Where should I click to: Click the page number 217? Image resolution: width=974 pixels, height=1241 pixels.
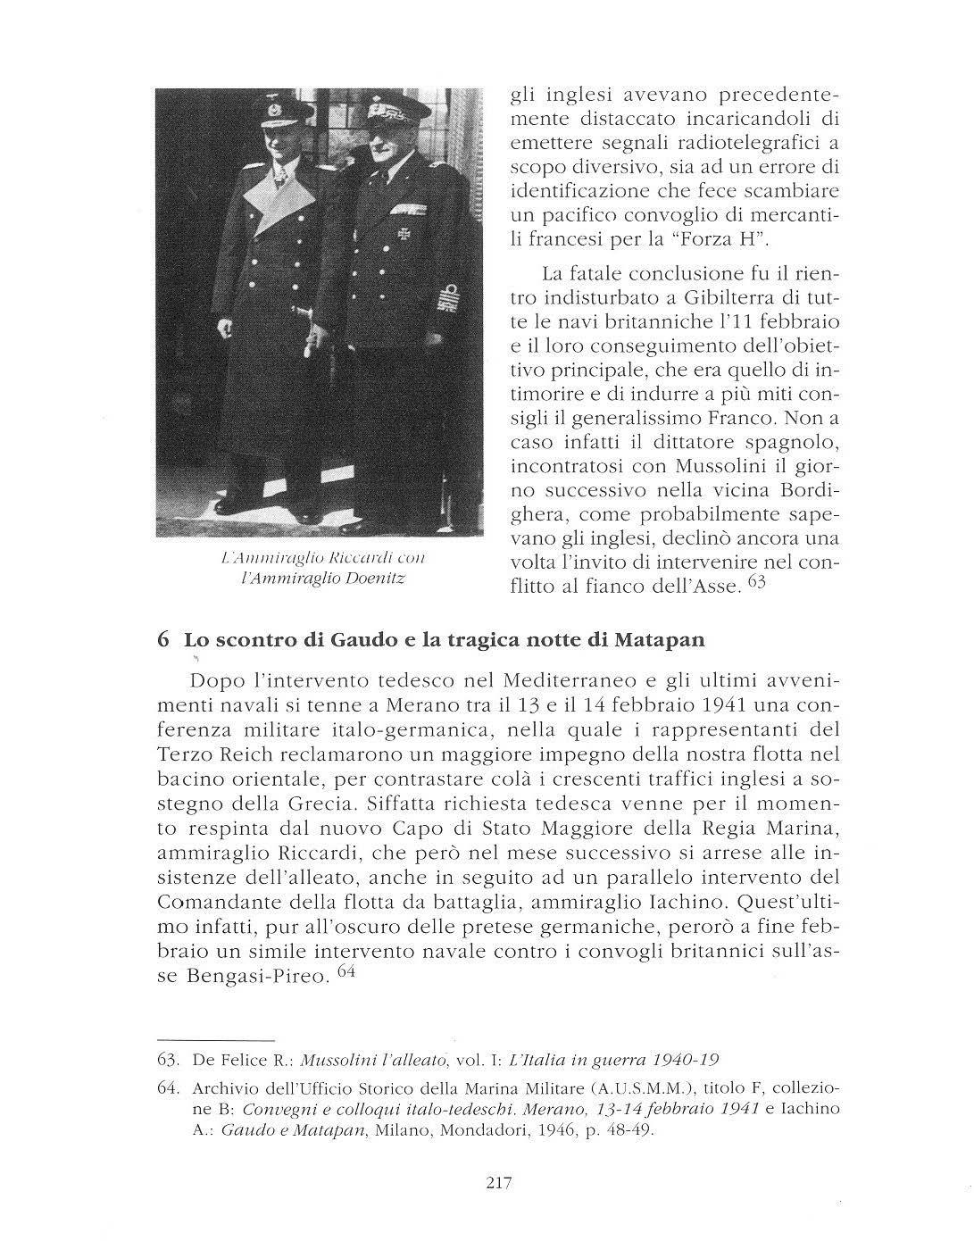(498, 1184)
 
